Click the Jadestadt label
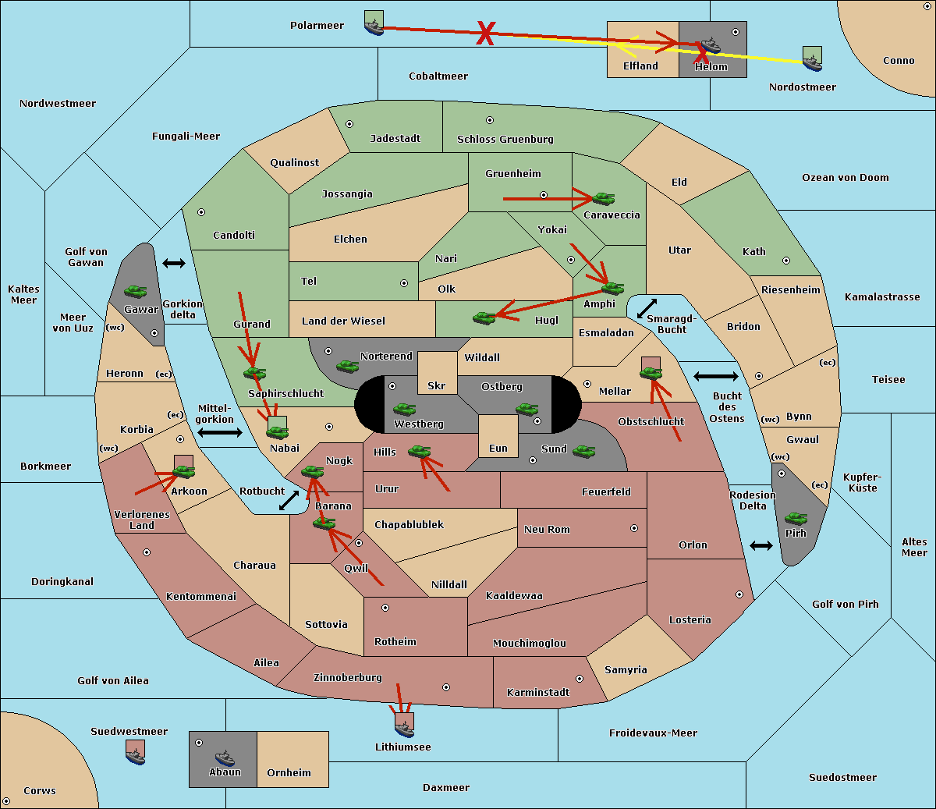(x=395, y=139)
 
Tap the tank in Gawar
(x=136, y=292)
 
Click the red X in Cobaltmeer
(x=485, y=33)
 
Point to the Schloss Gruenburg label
(x=505, y=139)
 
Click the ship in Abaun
(x=225, y=758)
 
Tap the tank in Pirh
(x=796, y=518)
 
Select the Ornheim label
(x=289, y=772)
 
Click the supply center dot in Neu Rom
(x=634, y=528)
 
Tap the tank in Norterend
(x=347, y=366)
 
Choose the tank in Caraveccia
(x=603, y=198)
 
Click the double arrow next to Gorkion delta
(x=174, y=263)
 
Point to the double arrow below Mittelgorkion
(x=220, y=432)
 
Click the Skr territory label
(x=436, y=385)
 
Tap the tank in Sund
(x=583, y=451)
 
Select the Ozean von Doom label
(x=845, y=178)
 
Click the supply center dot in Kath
(x=786, y=261)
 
